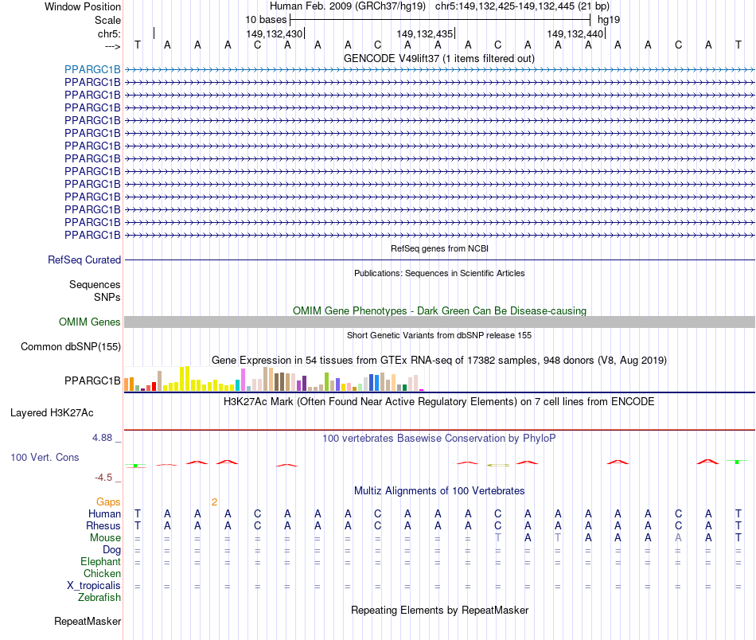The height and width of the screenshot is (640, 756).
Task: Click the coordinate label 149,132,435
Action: pyautogui.click(x=424, y=34)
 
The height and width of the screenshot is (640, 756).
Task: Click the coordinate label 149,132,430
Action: pyautogui.click(x=275, y=34)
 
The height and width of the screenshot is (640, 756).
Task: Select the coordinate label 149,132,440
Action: pyautogui.click(x=575, y=34)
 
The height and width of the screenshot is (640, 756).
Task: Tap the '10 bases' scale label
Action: pyautogui.click(x=266, y=19)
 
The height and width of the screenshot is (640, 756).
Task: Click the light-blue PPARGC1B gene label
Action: pyautogui.click(x=92, y=69)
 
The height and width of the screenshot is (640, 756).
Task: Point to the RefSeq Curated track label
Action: pyautogui.click(x=84, y=260)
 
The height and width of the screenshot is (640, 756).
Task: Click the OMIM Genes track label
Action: pyautogui.click(x=90, y=322)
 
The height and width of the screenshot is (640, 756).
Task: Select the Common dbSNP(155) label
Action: pyautogui.click(x=71, y=346)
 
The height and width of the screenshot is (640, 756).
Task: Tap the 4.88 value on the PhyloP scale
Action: pyautogui.click(x=106, y=437)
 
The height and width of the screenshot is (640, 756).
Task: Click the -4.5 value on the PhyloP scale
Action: pyautogui.click(x=107, y=478)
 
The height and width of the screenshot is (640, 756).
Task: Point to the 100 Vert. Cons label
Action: pyautogui.click(x=45, y=458)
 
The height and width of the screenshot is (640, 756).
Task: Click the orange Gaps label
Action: pyautogui.click(x=108, y=501)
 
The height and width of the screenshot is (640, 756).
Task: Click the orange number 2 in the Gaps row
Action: pyautogui.click(x=214, y=501)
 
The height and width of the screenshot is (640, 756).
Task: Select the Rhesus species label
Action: pyautogui.click(x=103, y=525)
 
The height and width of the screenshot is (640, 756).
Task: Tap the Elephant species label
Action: pyautogui.click(x=101, y=561)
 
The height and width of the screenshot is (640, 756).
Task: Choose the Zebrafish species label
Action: pyautogui.click(x=99, y=597)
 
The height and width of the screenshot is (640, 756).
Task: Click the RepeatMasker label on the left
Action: pyautogui.click(x=88, y=621)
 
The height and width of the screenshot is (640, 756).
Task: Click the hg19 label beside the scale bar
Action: pyautogui.click(x=609, y=19)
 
